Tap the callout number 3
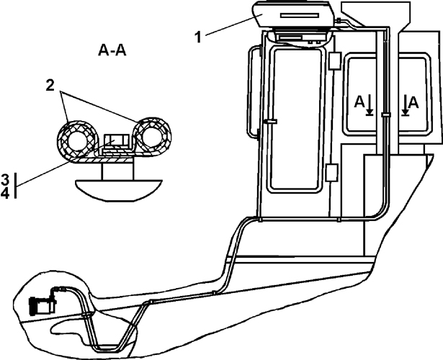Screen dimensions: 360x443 tap(5, 178)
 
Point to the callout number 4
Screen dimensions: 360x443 tap(5, 193)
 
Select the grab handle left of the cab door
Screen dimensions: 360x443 tap(251, 91)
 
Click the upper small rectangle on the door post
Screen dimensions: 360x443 tap(333, 61)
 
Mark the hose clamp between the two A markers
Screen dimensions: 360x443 tap(385, 114)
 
